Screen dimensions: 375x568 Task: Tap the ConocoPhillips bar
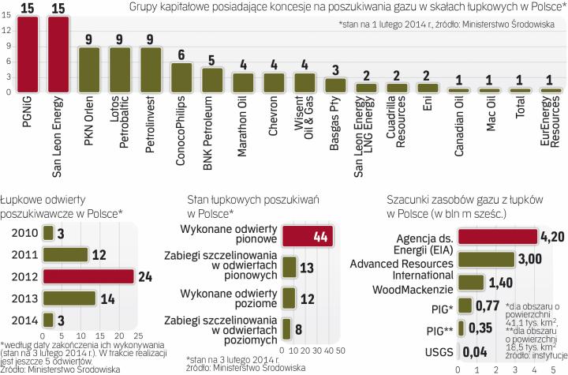(181, 77)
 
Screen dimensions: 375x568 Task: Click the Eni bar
(427, 88)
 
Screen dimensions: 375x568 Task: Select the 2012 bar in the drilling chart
(88, 276)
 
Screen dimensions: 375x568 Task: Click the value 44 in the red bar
(320, 236)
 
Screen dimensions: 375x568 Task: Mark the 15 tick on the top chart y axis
(7, 14)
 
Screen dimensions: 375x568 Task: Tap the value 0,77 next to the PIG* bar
(491, 304)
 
